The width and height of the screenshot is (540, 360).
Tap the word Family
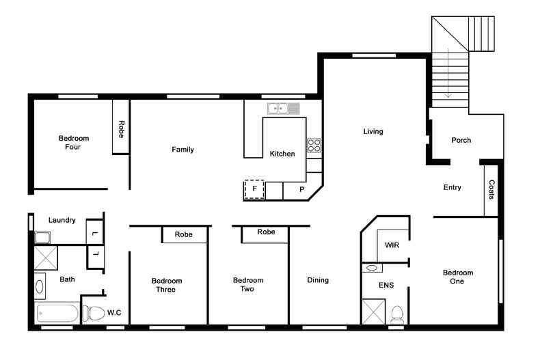183,150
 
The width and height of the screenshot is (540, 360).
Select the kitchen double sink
283,108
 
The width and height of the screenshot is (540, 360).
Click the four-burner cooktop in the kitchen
314,145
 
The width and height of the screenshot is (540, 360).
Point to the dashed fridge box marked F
254,189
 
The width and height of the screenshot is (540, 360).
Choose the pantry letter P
302,189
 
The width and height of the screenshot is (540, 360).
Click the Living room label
373,131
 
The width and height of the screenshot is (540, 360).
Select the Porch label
461,140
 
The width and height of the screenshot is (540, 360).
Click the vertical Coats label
491,190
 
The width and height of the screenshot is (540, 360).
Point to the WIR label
392,245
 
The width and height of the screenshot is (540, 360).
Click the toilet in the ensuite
396,315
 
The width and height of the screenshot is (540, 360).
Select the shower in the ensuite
373,311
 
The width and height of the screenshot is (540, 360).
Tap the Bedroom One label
457,277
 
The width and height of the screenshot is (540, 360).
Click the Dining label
317,279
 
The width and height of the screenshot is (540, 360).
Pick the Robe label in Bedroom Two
266,232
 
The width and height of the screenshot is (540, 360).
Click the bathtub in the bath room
57,314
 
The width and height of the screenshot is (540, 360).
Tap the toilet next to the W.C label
92,314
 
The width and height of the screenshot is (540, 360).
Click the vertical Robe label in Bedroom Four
121,130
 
